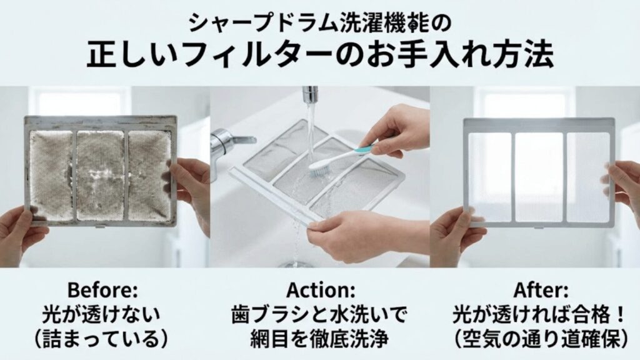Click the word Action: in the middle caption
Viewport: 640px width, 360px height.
pos(319,291)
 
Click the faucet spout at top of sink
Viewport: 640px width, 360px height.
pos(308,96)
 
